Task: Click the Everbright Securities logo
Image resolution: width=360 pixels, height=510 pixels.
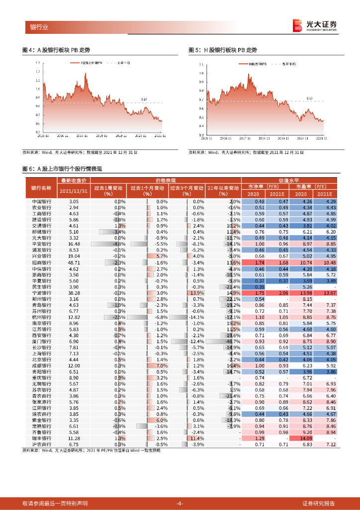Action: (x=314, y=25)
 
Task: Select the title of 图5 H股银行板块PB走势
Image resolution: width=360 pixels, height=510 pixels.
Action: (x=223, y=50)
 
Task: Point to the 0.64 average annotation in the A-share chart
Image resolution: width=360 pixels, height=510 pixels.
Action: (x=144, y=100)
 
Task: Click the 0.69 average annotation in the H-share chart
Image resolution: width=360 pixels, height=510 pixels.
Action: (x=309, y=99)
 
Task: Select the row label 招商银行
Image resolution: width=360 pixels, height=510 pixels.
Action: (x=41, y=262)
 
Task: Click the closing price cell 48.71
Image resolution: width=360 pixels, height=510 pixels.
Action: (x=74, y=262)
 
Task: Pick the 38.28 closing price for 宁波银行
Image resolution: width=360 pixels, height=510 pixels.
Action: (x=74, y=293)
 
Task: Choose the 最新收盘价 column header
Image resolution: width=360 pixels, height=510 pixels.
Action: (x=74, y=180)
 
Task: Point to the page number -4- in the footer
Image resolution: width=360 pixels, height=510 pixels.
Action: (x=180, y=503)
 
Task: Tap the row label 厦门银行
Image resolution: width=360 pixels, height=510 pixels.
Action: (x=41, y=341)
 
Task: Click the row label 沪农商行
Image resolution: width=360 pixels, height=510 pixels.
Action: (x=41, y=444)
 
